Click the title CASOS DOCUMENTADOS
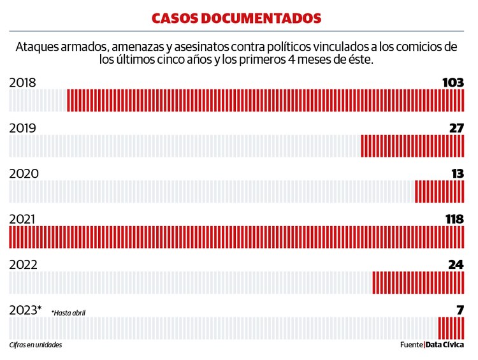click(236, 18)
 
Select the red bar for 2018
click(266, 101)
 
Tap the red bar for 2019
click(412, 146)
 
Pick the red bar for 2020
click(439, 192)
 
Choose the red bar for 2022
click(418, 283)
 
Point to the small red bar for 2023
click(451, 328)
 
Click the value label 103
click(453, 82)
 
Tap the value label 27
click(456, 128)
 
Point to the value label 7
click(460, 310)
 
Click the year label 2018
click(23, 83)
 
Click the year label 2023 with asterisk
click(25, 310)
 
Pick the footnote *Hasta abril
click(68, 313)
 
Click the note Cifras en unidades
click(36, 345)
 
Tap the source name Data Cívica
click(445, 345)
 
